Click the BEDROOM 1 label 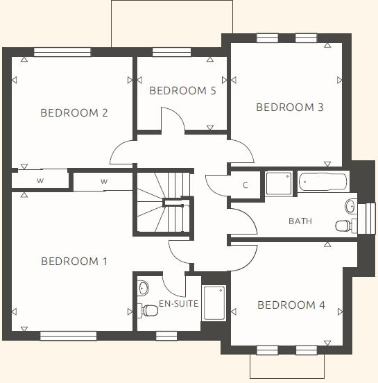pos(74,262)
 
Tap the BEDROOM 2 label pos(74,113)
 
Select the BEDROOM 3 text pos(290,108)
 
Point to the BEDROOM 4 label pos(291,305)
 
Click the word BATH pos(300,221)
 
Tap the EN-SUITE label pos(179,304)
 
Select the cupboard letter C pos(246,185)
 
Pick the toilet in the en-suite pos(147,310)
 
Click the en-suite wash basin pos(143,287)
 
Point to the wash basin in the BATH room pos(351,205)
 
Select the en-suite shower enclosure pos(214,303)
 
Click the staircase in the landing pos(163,203)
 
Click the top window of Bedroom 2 pos(62,52)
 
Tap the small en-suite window pos(166,336)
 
